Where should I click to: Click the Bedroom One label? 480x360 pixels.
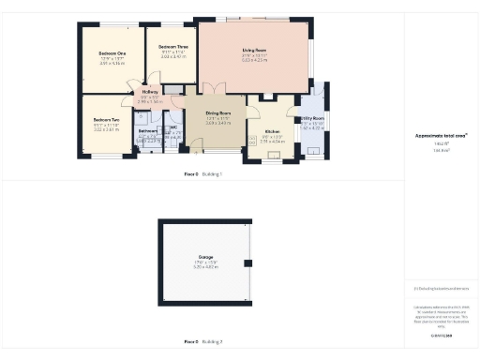tap(112, 53)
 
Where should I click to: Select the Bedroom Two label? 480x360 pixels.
tap(106, 120)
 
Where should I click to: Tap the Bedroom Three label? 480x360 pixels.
tap(173, 47)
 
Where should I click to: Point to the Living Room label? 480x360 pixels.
tap(254, 50)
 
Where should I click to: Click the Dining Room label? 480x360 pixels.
tap(218, 112)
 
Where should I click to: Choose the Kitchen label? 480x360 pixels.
tap(272, 131)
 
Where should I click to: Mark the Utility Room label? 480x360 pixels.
tap(312, 119)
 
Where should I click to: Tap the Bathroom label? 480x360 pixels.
tap(147, 130)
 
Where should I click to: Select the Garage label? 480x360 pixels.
tap(205, 257)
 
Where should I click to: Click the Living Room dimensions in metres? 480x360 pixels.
tap(254, 63)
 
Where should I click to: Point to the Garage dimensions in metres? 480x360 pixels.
tap(205, 267)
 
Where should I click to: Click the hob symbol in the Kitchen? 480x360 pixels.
tap(252, 141)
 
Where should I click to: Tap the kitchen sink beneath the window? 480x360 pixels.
tap(271, 156)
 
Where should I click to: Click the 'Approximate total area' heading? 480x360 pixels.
tap(441, 135)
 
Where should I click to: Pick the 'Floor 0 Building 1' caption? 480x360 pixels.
tap(203, 174)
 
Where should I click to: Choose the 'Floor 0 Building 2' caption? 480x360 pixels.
tap(203, 341)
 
